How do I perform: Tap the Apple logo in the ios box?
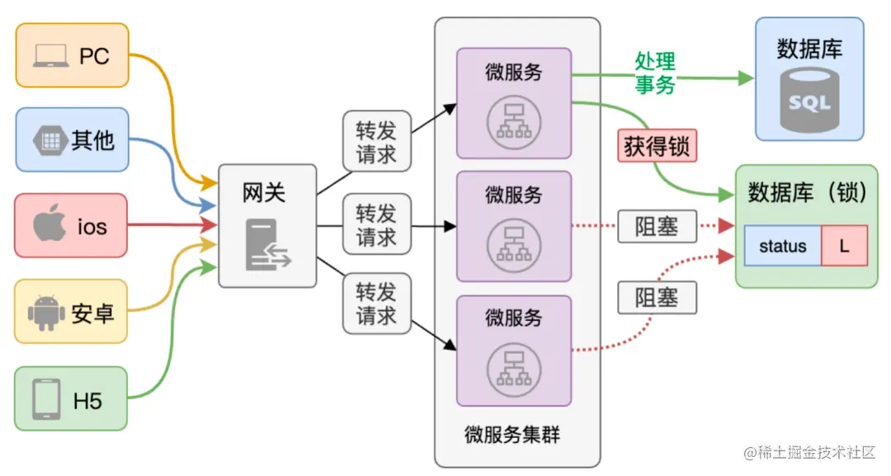pyautogui.click(x=49, y=225)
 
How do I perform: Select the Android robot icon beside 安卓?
pyautogui.click(x=45, y=313)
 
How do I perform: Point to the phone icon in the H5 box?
pyautogui.click(x=46, y=400)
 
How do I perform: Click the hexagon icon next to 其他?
pyautogui.click(x=49, y=140)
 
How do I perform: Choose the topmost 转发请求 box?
pyautogui.click(x=376, y=142)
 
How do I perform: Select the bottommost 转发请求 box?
pyautogui.click(x=376, y=304)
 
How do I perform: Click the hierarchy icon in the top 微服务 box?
pyautogui.click(x=513, y=119)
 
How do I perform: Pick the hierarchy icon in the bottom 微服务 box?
pyautogui.click(x=513, y=365)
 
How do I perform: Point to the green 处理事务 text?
pyautogui.click(x=655, y=73)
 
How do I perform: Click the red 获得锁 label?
pyautogui.click(x=658, y=148)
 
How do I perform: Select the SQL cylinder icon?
pyautogui.click(x=809, y=100)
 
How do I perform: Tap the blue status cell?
pyautogui.click(x=782, y=246)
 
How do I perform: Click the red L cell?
pyautogui.click(x=844, y=246)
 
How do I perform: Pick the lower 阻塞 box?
pyautogui.click(x=657, y=298)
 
